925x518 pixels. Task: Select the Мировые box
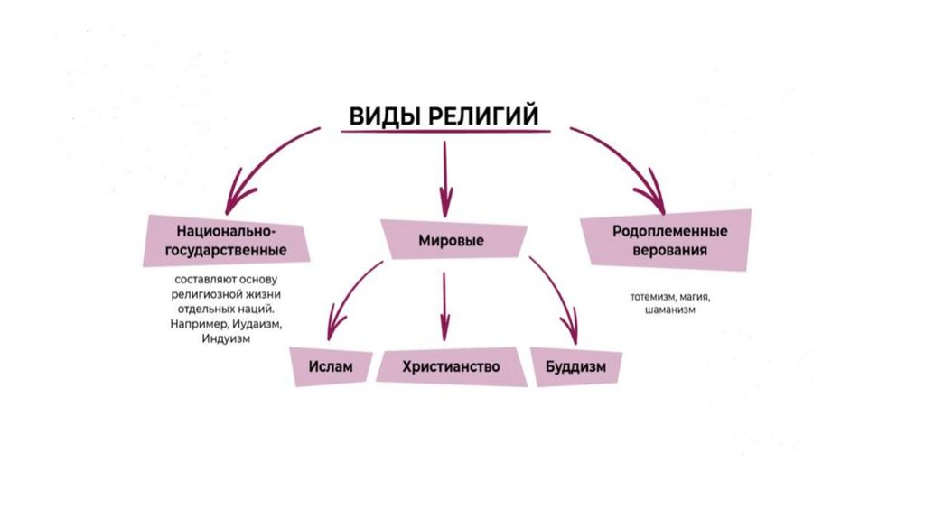(452, 241)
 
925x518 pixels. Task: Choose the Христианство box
(452, 367)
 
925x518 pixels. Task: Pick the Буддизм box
(575, 367)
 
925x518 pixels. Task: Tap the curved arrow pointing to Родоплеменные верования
(628, 158)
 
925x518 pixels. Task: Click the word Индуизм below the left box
(226, 339)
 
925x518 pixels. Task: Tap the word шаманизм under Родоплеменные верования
(670, 310)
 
